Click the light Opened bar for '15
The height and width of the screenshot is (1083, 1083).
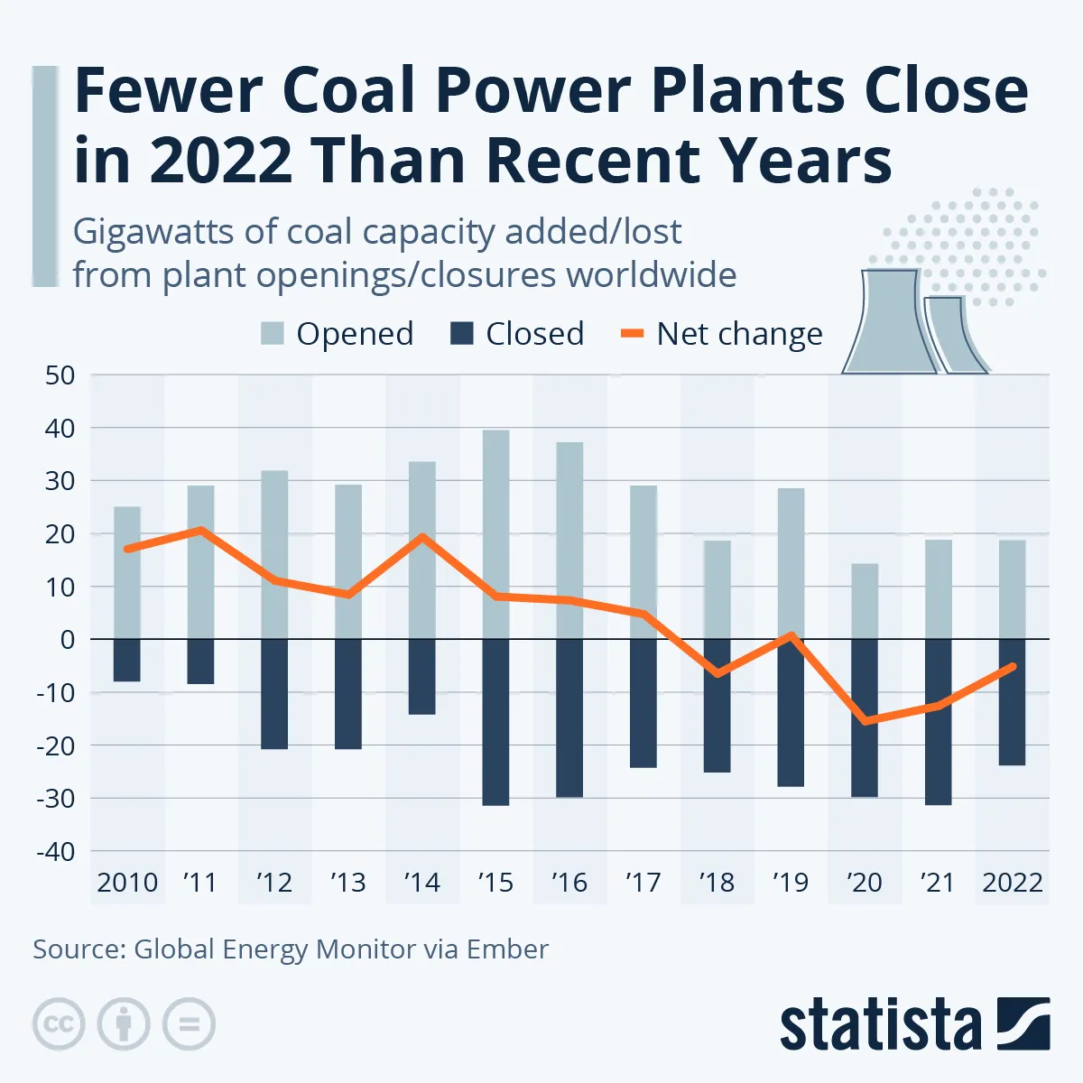point(495,534)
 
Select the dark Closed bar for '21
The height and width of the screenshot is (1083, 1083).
point(938,721)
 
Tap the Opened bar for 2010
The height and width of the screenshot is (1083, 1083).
point(127,573)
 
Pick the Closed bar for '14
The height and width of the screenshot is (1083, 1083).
point(421,676)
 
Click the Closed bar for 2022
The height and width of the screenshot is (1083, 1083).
point(1012,701)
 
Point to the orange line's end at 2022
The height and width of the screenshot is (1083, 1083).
point(1012,667)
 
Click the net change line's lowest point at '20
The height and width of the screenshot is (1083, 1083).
point(866,721)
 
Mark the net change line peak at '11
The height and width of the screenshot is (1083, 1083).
point(201,530)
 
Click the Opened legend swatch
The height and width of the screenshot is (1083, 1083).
point(273,334)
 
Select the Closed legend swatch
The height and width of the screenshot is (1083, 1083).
point(462,334)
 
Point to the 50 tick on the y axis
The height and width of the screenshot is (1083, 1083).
point(60,375)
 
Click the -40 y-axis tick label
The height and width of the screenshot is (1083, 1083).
point(55,851)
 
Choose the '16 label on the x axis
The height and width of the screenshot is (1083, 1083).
point(569,882)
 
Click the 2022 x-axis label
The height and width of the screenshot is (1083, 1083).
point(1013,882)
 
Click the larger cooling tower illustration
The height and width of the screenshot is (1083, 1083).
point(882,322)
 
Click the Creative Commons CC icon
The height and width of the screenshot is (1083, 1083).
point(60,1024)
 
